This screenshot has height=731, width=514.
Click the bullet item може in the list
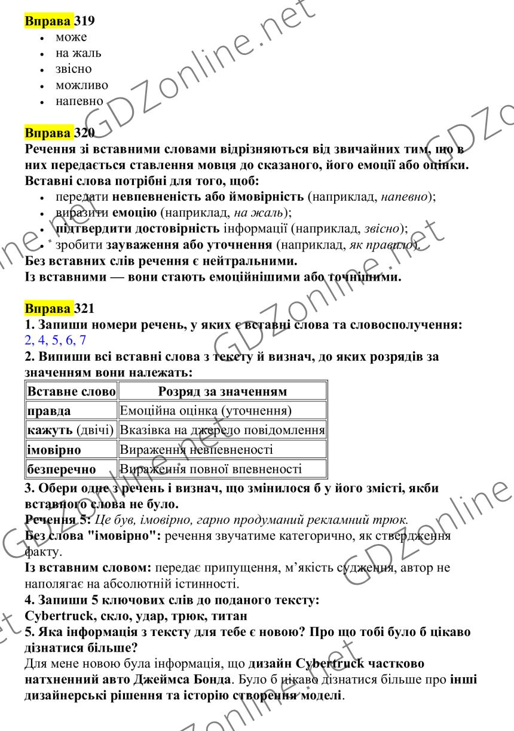coord(71,38)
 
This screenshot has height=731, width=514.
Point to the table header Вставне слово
coord(71,392)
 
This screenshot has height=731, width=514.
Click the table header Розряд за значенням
coord(222,392)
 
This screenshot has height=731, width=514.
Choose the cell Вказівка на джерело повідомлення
coord(222,430)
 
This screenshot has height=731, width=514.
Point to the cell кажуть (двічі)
coord(70,430)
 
